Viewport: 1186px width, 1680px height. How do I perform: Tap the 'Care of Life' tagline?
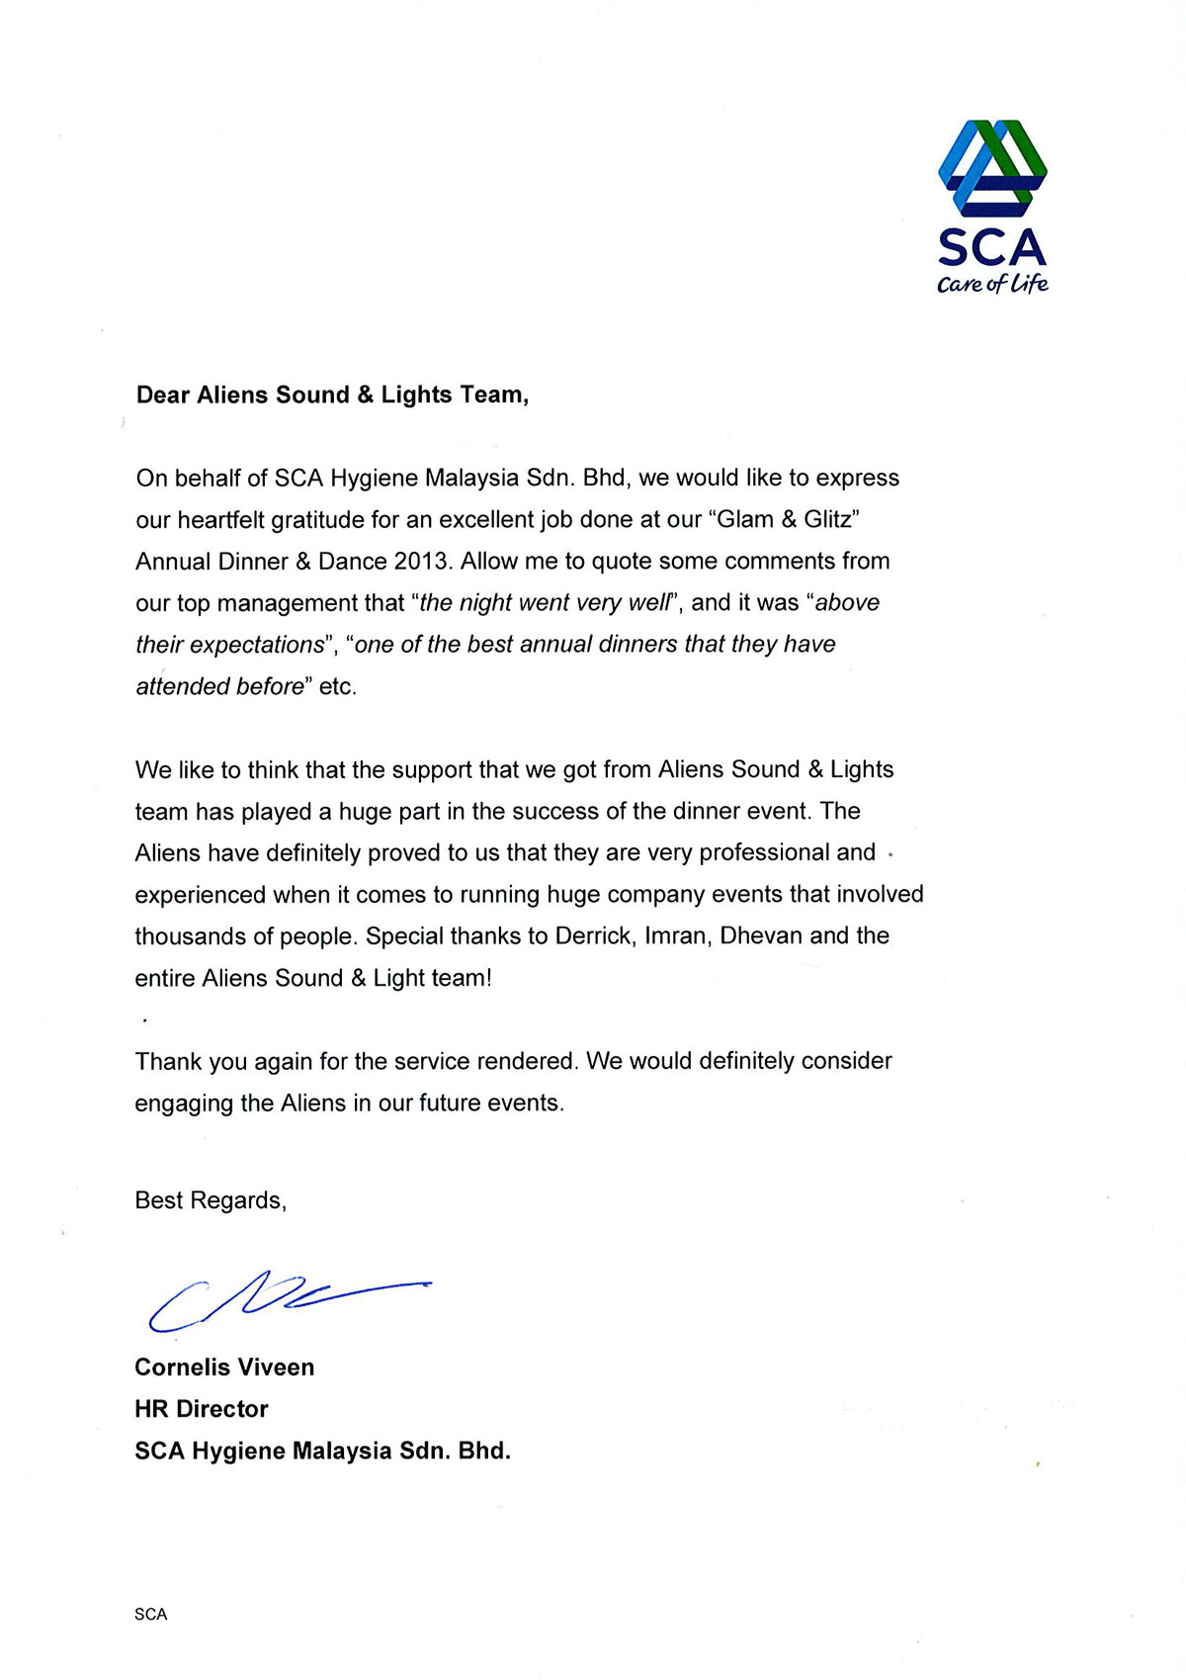[x=992, y=285]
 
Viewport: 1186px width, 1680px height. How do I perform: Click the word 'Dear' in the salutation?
[x=163, y=395]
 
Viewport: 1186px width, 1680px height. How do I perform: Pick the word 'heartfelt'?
[x=218, y=519]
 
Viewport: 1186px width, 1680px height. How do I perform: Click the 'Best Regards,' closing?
[x=211, y=1200]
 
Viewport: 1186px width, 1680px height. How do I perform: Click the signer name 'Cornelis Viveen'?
[x=224, y=1368]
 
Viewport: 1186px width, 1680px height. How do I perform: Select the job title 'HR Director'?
[x=202, y=1409]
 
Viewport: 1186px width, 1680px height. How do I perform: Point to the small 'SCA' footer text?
[x=151, y=1615]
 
